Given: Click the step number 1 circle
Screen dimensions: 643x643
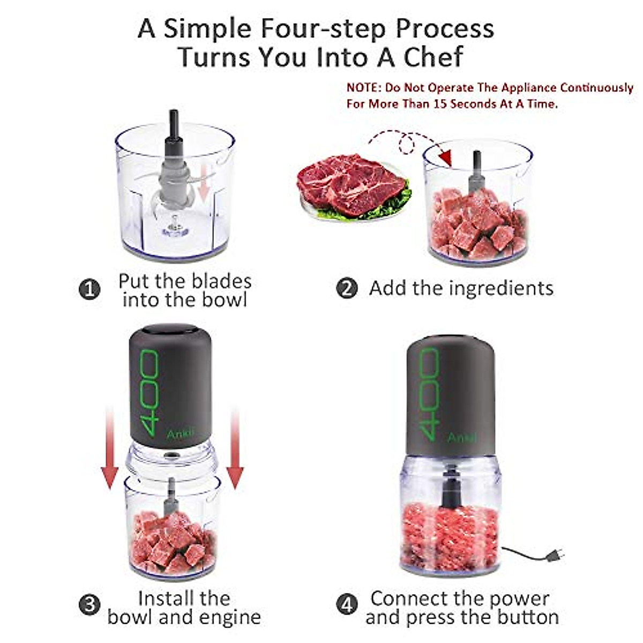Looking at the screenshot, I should [x=89, y=290].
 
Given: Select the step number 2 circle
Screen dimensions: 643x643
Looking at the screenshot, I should [x=347, y=289].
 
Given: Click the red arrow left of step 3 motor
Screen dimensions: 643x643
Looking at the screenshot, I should [x=110, y=450].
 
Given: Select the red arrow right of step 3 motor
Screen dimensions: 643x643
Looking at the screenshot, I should [x=235, y=450].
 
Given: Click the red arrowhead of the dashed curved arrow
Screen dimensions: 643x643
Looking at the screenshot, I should [x=444, y=157].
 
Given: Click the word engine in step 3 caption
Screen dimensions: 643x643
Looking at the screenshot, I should [x=230, y=617].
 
